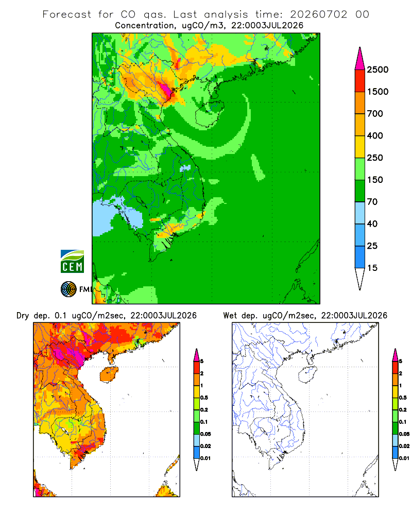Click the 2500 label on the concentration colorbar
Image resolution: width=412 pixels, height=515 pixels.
point(377,70)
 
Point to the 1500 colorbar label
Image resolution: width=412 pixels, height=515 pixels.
point(377,92)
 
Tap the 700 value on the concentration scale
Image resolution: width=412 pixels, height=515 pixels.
point(375,114)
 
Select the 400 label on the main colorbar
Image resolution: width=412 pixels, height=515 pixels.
point(375,135)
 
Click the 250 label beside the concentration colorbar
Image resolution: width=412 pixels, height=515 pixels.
point(375,158)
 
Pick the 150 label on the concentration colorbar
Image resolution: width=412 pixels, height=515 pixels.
point(375,180)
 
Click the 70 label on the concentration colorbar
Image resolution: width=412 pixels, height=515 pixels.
point(372,202)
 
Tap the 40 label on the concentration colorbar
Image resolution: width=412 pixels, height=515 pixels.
point(372,224)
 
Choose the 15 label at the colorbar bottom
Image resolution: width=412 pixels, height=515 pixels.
point(372,268)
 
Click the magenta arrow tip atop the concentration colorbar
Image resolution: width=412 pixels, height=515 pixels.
point(360,47)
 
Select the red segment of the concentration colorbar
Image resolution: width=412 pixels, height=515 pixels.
point(360,81)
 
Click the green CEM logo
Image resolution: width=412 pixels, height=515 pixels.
point(72,262)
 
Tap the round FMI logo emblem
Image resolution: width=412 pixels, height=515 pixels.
point(68,289)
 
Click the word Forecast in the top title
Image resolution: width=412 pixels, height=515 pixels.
point(67,14)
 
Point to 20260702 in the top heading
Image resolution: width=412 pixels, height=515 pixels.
point(318,14)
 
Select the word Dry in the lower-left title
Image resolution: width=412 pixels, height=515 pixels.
point(23,316)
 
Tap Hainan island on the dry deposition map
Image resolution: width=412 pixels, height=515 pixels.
point(109,374)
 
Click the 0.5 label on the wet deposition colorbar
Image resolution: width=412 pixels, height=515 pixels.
point(403,398)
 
